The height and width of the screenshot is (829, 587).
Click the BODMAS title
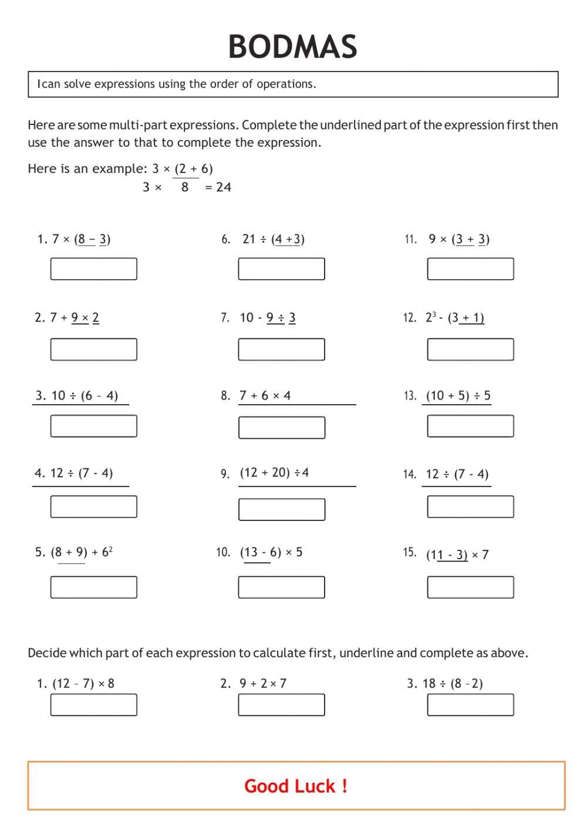pos(292,47)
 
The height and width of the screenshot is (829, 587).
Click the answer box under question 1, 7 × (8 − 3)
pos(93,269)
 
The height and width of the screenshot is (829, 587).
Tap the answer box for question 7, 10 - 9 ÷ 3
pos(281,349)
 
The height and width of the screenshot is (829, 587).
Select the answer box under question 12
pos(470,349)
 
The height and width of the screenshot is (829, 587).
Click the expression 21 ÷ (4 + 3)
pos(273,239)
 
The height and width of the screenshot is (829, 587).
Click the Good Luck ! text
pos(296,786)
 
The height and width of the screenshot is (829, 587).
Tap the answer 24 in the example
pos(224,187)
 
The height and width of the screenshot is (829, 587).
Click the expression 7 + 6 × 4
pos(265,395)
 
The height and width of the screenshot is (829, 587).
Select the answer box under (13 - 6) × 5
pos(281,587)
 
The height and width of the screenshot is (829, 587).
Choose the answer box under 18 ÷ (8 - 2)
pos(470,705)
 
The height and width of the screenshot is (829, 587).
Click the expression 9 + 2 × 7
pos(263,683)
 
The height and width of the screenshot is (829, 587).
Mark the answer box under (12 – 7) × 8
pos(93,705)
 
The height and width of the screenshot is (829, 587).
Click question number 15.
pos(409,553)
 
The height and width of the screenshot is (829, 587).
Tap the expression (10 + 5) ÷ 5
pos(458,395)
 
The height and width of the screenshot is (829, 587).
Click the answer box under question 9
pos(281,509)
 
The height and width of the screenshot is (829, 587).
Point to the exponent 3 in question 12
pos(434,314)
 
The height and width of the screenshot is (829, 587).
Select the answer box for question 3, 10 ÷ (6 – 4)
pos(93,426)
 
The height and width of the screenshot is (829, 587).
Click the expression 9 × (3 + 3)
pos(458,239)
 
